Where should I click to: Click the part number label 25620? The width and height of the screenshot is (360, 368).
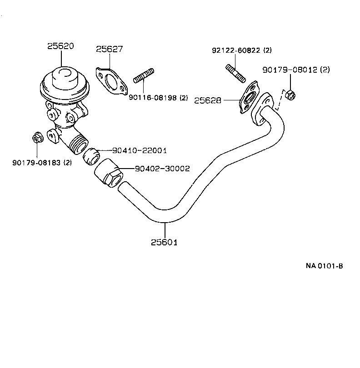pos(60,46)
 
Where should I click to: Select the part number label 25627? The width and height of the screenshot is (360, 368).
pos(110,49)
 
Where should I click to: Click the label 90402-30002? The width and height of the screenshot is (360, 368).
pos(162,169)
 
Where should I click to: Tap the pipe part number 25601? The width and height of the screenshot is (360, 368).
pos(164,242)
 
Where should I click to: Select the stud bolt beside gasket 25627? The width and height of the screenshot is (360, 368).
pos(144,76)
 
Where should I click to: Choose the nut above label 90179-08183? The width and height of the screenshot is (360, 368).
pos(38,137)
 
